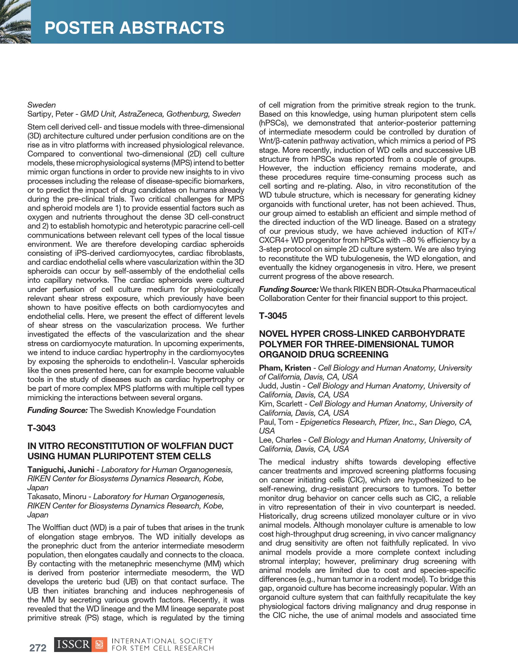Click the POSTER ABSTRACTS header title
click(x=134, y=28)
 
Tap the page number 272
click(x=38, y=648)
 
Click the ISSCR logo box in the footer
click(x=73, y=644)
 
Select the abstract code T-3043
click(x=41, y=428)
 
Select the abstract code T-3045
click(x=273, y=316)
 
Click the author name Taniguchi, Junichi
click(x=61, y=470)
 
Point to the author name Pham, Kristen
click(x=285, y=368)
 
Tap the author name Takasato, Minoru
click(x=57, y=496)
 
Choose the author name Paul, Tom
click(x=276, y=422)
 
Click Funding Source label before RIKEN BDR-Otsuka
click(x=289, y=290)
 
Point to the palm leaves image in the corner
click(x=15, y=22)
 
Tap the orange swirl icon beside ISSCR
click(x=100, y=644)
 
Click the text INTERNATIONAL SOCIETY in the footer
click(x=162, y=641)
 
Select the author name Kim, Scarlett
click(x=280, y=404)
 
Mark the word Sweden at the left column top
click(x=41, y=105)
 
